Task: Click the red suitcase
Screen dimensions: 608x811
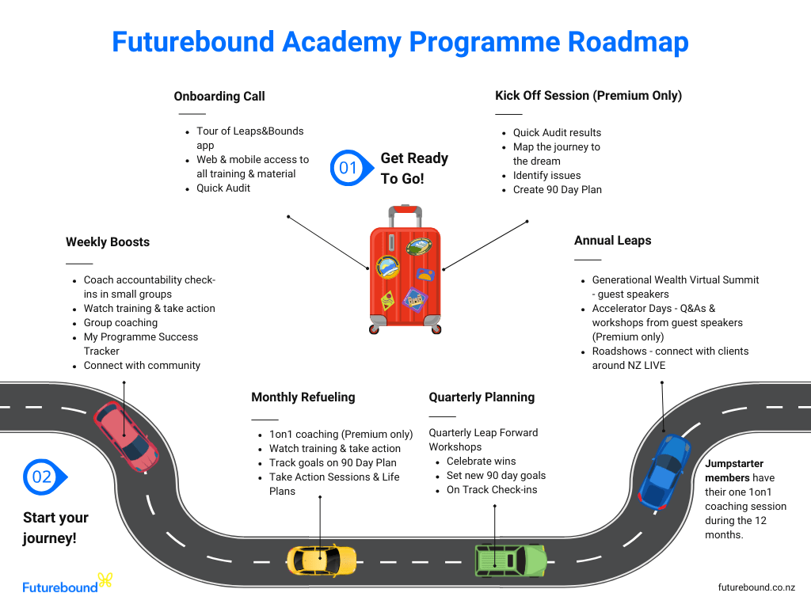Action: tap(405, 273)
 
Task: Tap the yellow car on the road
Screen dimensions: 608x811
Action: tap(320, 559)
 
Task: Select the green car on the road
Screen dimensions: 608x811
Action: tap(510, 560)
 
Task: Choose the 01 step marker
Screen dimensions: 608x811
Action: tap(349, 168)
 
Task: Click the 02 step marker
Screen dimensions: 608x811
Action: tap(43, 477)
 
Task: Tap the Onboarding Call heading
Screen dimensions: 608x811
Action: tap(219, 97)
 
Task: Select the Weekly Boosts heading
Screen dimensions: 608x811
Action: tap(108, 242)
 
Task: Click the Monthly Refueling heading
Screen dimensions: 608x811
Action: tap(303, 397)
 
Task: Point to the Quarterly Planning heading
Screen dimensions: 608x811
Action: tap(482, 397)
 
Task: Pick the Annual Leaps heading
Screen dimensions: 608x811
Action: tap(613, 241)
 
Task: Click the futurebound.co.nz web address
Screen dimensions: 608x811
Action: tap(756, 587)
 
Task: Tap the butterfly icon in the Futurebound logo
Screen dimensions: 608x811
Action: tap(105, 582)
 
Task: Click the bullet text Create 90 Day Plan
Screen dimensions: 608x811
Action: tap(557, 190)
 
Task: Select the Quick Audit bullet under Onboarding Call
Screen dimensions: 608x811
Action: tap(223, 188)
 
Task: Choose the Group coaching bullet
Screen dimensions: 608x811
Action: tap(120, 323)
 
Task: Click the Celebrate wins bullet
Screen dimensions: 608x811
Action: tap(481, 462)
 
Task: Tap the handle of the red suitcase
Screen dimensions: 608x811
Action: tap(405, 211)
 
